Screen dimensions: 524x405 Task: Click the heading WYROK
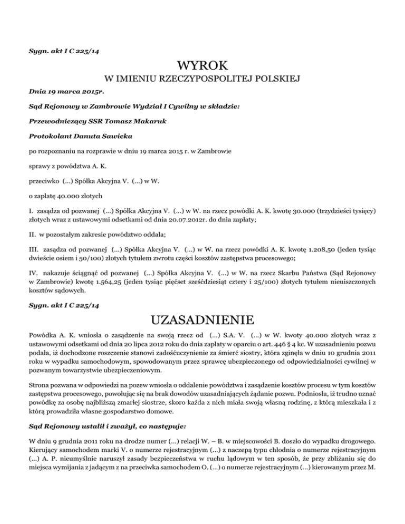202,66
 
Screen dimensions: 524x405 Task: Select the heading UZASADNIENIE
202,320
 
